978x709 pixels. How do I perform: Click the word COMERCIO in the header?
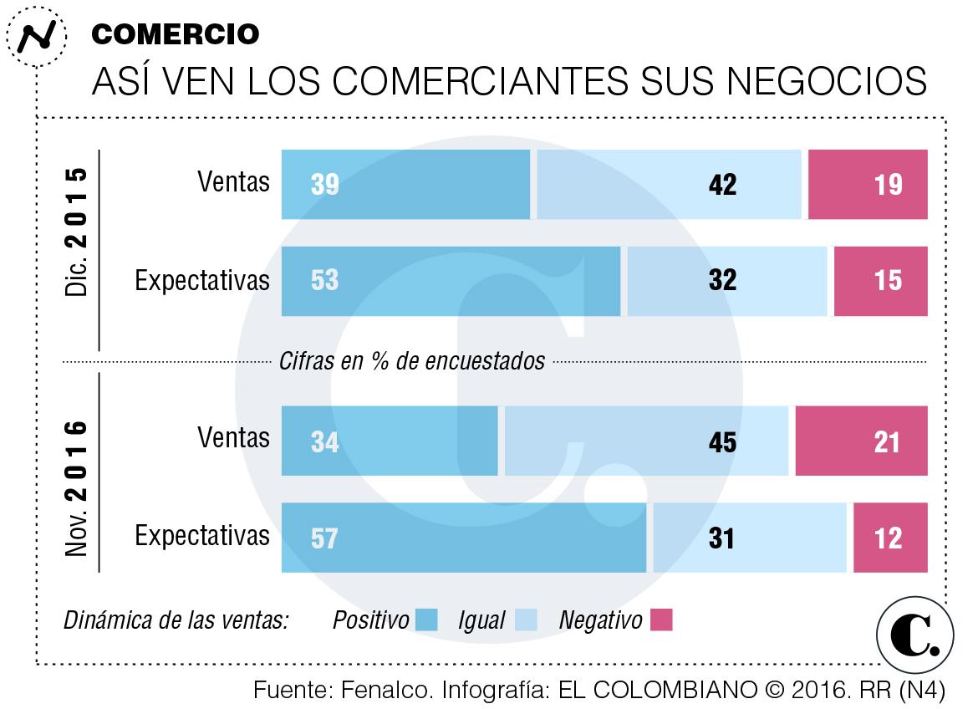click(x=175, y=33)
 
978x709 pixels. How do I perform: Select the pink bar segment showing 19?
click(x=868, y=184)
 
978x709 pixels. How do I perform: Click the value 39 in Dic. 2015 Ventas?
click(x=324, y=184)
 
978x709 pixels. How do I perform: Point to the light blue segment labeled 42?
click(x=669, y=184)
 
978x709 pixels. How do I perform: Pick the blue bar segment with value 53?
click(x=451, y=281)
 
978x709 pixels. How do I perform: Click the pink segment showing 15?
click(x=880, y=281)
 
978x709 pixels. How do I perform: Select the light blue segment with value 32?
click(x=726, y=281)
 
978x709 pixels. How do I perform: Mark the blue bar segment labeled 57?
click(x=464, y=538)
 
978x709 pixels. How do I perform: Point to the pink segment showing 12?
click(x=890, y=538)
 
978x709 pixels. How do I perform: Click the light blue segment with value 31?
click(x=750, y=538)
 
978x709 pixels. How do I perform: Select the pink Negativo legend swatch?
click(x=661, y=620)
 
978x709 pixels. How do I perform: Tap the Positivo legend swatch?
click(x=426, y=620)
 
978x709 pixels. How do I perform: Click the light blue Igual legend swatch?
click(x=524, y=620)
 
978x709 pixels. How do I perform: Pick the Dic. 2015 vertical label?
click(x=76, y=232)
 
